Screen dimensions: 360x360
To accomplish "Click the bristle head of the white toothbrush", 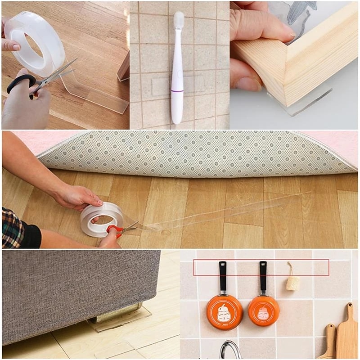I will point(179,20).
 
